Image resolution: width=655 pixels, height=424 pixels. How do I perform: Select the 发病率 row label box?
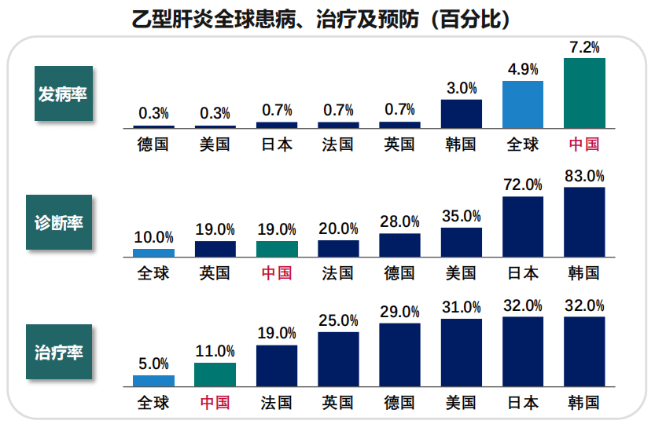(x=64, y=94)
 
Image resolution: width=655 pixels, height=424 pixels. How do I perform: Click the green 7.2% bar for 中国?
(x=584, y=93)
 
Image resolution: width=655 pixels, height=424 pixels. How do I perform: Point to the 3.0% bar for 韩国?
(x=462, y=114)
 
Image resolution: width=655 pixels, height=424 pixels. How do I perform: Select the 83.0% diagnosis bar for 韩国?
(x=584, y=223)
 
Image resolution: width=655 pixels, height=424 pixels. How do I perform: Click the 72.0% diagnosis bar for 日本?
(x=523, y=228)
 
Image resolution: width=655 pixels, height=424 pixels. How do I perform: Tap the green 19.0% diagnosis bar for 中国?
(x=277, y=250)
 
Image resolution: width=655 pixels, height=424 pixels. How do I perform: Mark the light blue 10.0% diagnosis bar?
(x=154, y=254)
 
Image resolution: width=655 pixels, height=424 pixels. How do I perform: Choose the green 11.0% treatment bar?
(x=215, y=375)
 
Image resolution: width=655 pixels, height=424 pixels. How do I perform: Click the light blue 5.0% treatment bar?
(x=154, y=381)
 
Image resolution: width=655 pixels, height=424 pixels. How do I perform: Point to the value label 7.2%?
(x=584, y=47)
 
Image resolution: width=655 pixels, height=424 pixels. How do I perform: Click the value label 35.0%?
(x=461, y=216)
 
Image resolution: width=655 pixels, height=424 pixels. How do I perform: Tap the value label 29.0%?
(x=399, y=312)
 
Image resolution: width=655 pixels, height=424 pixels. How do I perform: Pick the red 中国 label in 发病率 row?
(x=584, y=144)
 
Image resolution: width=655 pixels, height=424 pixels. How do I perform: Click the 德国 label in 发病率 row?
(x=153, y=144)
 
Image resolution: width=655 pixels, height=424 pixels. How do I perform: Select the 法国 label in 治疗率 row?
(x=277, y=403)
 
